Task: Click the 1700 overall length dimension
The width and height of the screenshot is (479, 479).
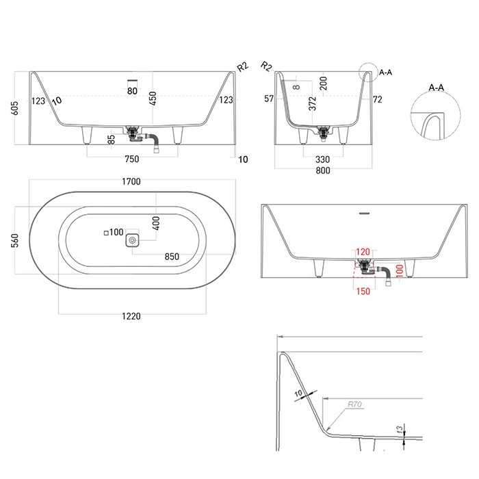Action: click(x=131, y=181)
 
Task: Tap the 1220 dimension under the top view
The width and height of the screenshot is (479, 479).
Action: click(x=131, y=316)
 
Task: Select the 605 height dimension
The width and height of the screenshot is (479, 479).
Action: click(x=14, y=108)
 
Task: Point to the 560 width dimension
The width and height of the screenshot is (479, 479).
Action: click(x=14, y=240)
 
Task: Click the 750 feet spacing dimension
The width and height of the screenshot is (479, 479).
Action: click(x=132, y=159)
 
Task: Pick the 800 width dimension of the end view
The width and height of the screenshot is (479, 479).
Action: click(x=323, y=170)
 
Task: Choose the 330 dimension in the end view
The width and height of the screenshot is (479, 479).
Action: click(x=322, y=159)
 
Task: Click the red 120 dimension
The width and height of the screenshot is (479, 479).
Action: click(x=363, y=252)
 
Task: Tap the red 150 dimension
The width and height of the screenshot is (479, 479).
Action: click(x=363, y=292)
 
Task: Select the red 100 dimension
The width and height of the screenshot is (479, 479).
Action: click(x=399, y=271)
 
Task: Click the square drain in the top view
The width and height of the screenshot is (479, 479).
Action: click(x=132, y=240)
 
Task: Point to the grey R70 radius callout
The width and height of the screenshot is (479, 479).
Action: click(x=354, y=404)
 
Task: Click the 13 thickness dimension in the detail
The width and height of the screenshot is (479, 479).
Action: click(x=400, y=430)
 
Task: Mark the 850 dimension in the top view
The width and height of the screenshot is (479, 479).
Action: click(x=172, y=257)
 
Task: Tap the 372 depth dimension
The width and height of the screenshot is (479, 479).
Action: click(x=312, y=103)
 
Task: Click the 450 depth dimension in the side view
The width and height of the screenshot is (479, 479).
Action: click(x=153, y=99)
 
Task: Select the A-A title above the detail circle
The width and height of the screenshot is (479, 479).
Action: click(x=437, y=88)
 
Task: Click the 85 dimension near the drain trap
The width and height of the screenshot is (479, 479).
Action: click(x=112, y=140)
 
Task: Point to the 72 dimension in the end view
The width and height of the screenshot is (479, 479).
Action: click(x=378, y=99)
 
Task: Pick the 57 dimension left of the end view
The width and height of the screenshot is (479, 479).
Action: click(x=269, y=99)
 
